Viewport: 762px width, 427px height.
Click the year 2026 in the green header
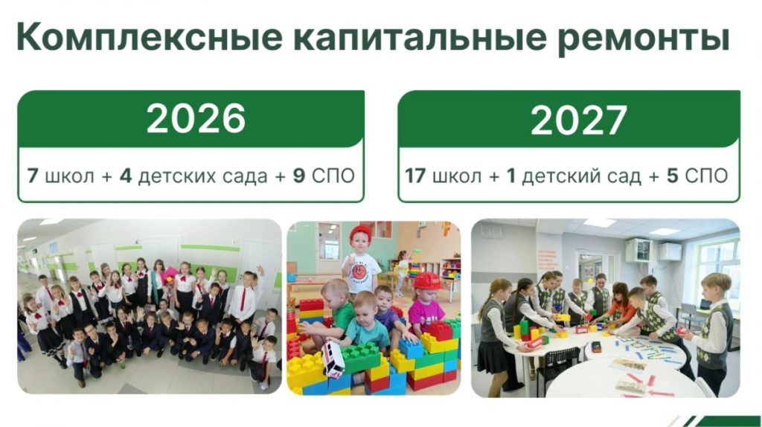(x=196, y=118)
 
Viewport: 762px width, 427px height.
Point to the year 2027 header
(x=578, y=121)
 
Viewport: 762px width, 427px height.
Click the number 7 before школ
(x=33, y=176)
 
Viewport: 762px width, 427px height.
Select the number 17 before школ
(x=415, y=176)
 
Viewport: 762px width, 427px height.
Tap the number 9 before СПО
(x=299, y=176)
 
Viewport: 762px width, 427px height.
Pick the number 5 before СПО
(x=673, y=176)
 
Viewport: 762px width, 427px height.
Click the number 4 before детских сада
(x=126, y=176)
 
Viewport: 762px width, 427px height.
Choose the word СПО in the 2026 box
(x=333, y=176)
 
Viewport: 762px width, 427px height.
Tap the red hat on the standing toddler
(x=360, y=234)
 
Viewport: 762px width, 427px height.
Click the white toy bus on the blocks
(x=333, y=359)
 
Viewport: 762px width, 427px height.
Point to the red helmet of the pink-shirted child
(x=427, y=281)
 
